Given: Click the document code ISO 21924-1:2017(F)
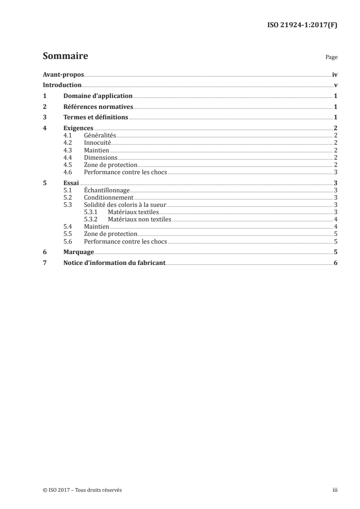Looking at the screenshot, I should (302, 25).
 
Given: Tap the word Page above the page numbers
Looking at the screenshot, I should (331, 58).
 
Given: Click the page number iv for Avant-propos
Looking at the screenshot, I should (335, 75).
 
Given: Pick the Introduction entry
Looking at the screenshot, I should (62, 85).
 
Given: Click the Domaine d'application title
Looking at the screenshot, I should (98, 96).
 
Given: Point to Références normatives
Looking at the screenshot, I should (98, 107).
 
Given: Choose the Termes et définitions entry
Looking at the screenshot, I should (96, 118).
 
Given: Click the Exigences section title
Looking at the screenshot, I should (79, 128).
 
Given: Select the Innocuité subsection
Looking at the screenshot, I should (98, 142).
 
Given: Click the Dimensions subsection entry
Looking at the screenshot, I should (101, 157).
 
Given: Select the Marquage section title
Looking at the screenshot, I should (79, 252).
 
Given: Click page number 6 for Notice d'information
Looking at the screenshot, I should (335, 263).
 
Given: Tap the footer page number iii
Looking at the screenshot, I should (335, 490).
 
